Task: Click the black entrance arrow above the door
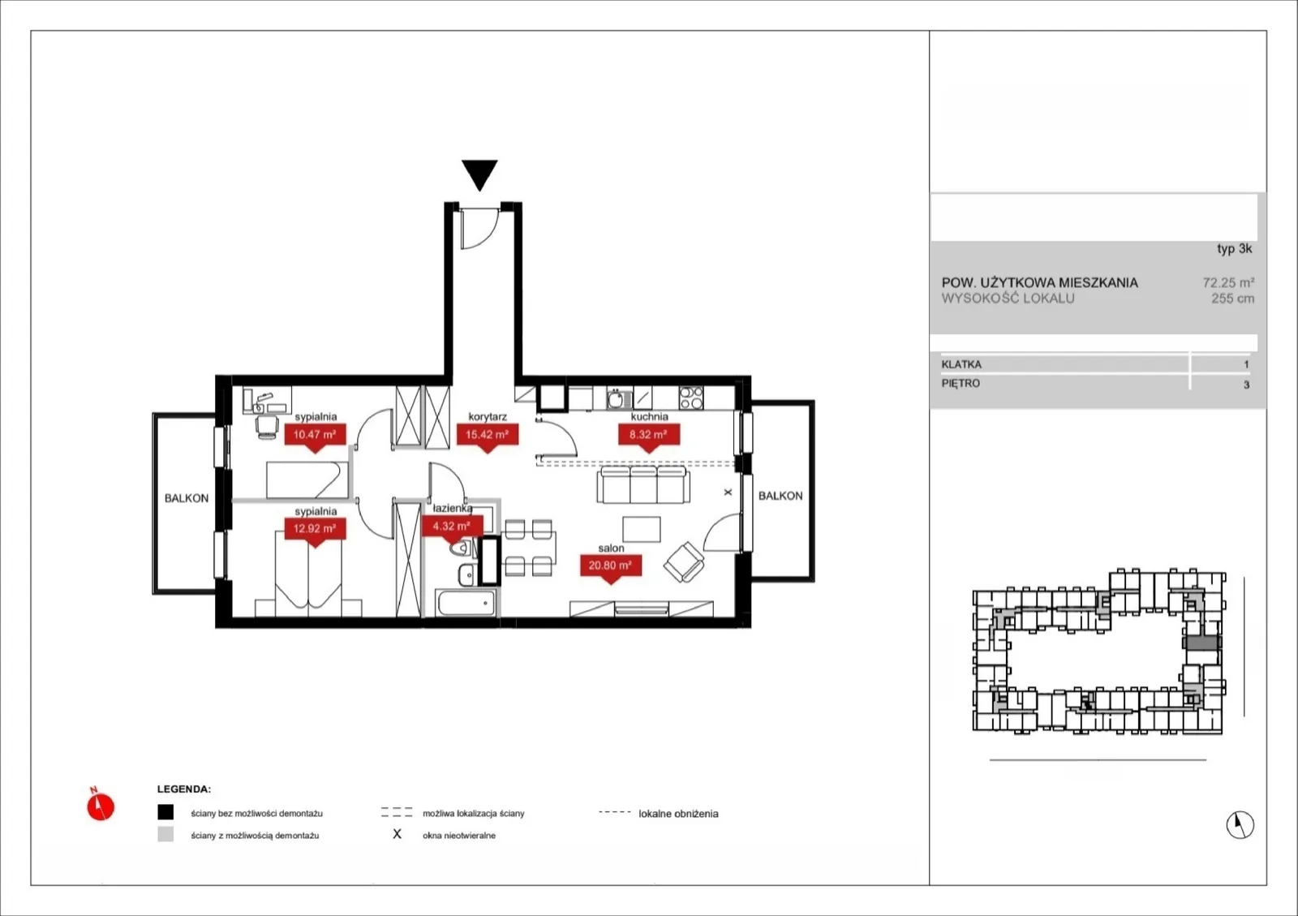(x=479, y=174)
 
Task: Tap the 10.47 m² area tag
(x=316, y=436)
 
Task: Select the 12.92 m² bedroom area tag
(x=316, y=530)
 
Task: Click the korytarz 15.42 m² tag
(x=488, y=436)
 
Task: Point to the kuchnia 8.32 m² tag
(x=649, y=436)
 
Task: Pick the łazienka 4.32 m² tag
(x=452, y=527)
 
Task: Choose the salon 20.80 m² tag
(x=611, y=566)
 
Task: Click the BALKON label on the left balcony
(x=187, y=498)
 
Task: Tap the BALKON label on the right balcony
(x=780, y=496)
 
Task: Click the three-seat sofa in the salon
(x=643, y=484)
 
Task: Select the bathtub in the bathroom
(x=466, y=603)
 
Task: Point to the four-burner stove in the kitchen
(x=690, y=398)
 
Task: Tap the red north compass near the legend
(x=101, y=806)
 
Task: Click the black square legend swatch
(x=165, y=812)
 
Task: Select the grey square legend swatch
(x=165, y=834)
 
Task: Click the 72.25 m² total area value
(x=1228, y=282)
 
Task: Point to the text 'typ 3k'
(x=1234, y=248)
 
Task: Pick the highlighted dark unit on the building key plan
(x=1203, y=642)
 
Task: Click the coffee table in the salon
(x=642, y=529)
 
